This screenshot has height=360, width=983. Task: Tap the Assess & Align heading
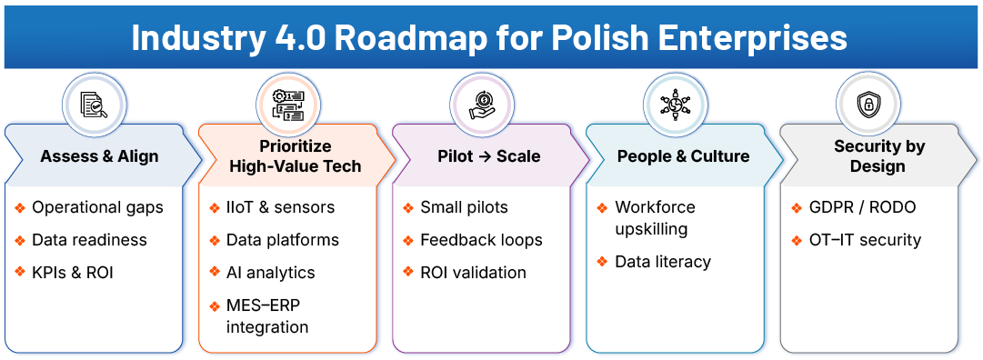tap(99, 156)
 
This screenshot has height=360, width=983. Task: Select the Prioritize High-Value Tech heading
tap(295, 156)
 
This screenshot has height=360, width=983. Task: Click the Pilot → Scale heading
tap(488, 156)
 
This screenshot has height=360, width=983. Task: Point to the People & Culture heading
tap(683, 156)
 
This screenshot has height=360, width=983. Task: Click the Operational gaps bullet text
tap(97, 207)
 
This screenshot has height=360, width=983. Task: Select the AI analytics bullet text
tap(270, 273)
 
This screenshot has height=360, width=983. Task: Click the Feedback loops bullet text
tap(481, 240)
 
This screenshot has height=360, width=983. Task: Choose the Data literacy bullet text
tap(663, 262)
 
